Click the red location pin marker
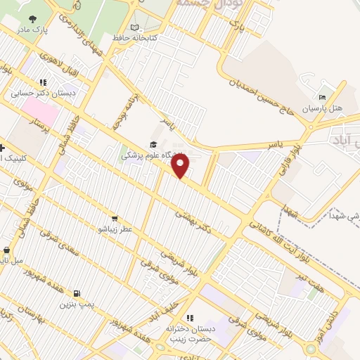(181, 165)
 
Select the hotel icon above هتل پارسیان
(322, 97)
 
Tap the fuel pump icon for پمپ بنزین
(75, 293)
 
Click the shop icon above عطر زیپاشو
(114, 218)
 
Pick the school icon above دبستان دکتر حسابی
(44, 82)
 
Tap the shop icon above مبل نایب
(6, 250)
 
